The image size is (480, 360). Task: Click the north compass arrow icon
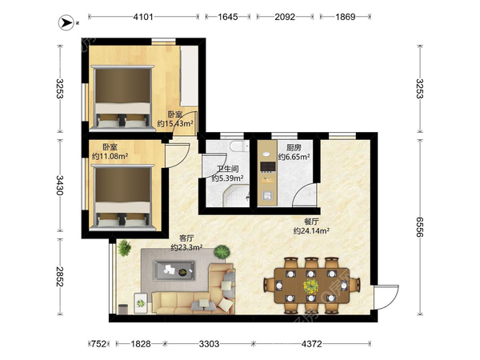[x=66, y=22]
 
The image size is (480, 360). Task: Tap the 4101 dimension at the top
[x=143, y=17]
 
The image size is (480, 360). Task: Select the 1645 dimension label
[x=228, y=17]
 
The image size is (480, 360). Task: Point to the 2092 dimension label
[x=285, y=17]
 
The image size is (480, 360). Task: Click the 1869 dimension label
[x=346, y=17]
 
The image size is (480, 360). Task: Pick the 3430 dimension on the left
[x=59, y=186]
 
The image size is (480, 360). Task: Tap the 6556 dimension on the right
[x=420, y=227]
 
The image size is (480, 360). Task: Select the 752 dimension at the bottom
[x=99, y=344]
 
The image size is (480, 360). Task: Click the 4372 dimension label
[x=312, y=344]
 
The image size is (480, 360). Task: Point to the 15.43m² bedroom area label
[x=175, y=123]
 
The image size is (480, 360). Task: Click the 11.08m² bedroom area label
[x=110, y=156]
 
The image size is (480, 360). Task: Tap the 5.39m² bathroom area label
[x=227, y=178]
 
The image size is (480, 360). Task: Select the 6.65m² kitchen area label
[x=294, y=157]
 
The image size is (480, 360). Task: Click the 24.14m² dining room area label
[x=311, y=230]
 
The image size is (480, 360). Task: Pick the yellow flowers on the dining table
[x=310, y=286]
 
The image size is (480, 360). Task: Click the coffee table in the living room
[x=174, y=270]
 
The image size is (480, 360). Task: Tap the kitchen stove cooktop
[x=268, y=166]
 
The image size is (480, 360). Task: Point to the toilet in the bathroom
[x=240, y=146]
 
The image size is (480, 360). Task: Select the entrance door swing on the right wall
[x=386, y=297]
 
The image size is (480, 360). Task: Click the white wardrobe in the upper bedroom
[x=189, y=76]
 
